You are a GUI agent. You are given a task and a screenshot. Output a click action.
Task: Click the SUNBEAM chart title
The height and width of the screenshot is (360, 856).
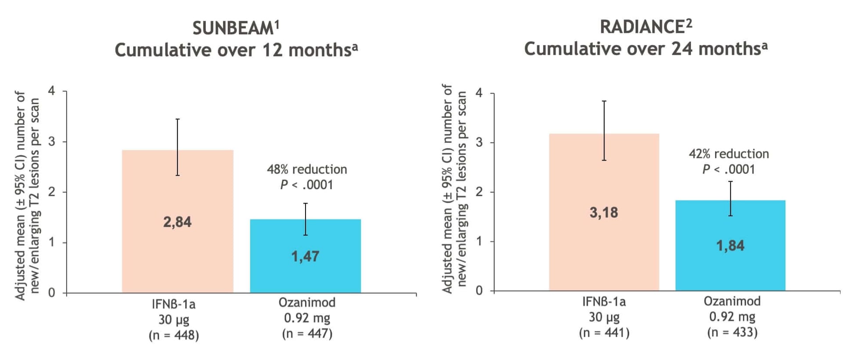236,29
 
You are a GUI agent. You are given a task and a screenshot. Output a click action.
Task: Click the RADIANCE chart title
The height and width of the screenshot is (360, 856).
646,27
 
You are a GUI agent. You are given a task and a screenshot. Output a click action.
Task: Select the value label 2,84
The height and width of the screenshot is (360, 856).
177,222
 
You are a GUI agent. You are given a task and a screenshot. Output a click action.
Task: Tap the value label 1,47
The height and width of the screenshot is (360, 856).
305,256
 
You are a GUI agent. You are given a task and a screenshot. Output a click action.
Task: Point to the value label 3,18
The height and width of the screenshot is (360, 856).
604,212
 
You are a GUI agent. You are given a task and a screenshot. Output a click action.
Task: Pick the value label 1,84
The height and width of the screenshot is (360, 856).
730,245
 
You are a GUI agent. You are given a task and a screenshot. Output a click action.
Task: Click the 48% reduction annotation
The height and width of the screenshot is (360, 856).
307,169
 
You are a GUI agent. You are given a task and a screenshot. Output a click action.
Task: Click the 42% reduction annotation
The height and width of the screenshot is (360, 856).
729,154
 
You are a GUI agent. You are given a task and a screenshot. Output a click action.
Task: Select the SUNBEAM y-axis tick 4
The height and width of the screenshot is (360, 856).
52,91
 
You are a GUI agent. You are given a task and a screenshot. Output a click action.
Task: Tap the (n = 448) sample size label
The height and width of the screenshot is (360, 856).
174,335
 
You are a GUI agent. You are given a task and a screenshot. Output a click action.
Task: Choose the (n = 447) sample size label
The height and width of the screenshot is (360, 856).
307,334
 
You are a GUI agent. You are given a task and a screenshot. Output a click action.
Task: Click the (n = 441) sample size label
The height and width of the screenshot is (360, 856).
604,333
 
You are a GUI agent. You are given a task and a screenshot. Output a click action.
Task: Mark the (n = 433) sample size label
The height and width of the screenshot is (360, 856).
732,332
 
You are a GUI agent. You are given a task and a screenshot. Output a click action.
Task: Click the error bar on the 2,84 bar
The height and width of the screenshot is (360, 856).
177,147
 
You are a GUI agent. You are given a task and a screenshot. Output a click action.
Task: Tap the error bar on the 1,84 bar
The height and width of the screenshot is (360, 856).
730,198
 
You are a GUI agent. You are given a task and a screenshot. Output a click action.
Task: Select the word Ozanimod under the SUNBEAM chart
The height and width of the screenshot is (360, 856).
307,302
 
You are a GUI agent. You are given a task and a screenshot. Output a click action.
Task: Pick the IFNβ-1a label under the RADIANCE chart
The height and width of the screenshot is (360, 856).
604,302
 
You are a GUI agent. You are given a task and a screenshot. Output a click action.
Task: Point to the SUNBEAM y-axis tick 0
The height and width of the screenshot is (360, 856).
52,293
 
